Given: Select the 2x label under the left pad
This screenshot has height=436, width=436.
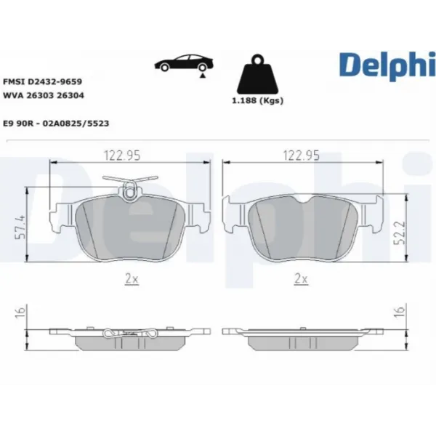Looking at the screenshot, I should (130, 278).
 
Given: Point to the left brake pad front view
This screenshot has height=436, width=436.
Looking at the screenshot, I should (130, 227).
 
